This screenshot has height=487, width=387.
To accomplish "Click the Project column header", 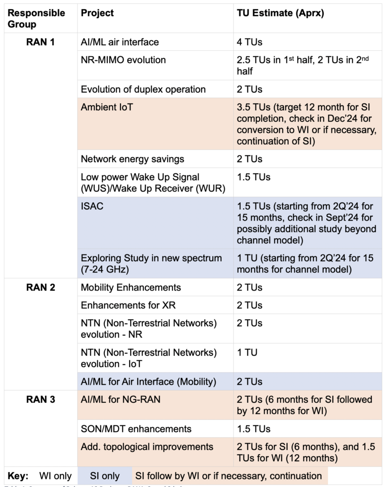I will (97, 13).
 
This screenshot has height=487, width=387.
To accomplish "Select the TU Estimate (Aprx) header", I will (280, 13).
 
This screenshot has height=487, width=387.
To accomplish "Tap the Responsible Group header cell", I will (37, 18).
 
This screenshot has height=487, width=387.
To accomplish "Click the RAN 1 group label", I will (40, 42).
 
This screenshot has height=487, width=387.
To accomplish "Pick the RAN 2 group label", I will (40, 287).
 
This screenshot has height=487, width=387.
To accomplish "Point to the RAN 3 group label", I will (40, 399).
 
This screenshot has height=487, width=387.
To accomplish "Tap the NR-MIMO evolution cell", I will (123, 60).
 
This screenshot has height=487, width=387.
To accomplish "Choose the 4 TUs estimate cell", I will (250, 42).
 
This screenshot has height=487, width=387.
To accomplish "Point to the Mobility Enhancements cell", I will (131, 287).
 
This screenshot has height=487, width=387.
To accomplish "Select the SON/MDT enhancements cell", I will (136, 429).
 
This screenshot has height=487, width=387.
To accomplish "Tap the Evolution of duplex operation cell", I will (143, 89).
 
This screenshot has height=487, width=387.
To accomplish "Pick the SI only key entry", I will (105, 476).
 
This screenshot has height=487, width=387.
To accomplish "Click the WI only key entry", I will (56, 476).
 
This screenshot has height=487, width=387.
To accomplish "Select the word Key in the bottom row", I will (19, 476).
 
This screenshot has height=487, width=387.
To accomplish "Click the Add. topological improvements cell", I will (147, 447).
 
